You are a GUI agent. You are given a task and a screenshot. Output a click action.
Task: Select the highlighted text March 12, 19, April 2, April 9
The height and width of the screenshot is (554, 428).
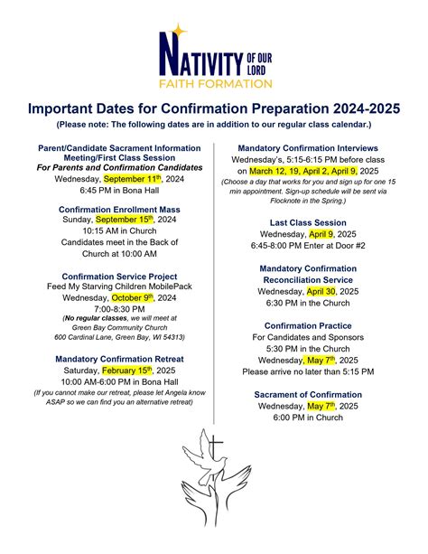(303, 170)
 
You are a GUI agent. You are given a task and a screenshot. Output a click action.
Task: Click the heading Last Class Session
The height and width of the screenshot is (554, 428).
(308, 222)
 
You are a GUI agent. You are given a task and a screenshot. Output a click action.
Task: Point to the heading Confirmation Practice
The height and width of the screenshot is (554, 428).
(308, 325)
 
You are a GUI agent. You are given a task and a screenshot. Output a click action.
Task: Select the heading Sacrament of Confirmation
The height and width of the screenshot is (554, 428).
(308, 395)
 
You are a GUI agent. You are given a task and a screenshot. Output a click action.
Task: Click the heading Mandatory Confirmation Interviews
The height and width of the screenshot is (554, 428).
(308, 148)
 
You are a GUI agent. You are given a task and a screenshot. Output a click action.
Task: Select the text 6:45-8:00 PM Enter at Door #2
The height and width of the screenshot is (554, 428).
(308, 245)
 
